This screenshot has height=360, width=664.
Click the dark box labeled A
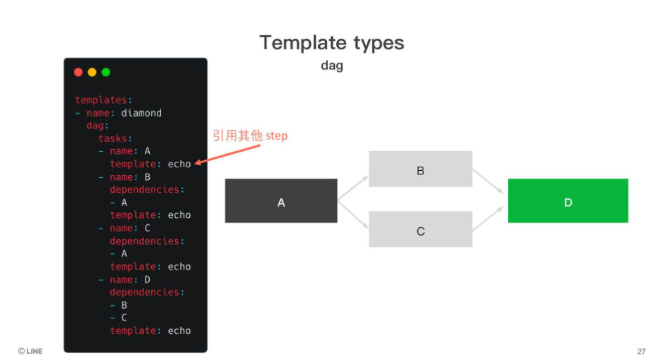[281, 201]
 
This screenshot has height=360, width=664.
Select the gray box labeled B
[421, 169]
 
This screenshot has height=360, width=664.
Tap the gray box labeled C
[421, 229]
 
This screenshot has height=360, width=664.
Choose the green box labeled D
[568, 201]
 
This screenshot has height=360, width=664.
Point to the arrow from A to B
[353, 188]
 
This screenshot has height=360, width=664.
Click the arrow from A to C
[353, 215]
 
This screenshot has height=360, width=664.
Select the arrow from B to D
[488, 181]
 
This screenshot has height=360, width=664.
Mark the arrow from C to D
[488, 219]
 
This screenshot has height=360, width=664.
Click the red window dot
[78, 72]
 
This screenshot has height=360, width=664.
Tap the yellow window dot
[92, 72]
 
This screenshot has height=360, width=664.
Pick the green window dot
[106, 72]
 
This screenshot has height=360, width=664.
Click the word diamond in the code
[141, 113]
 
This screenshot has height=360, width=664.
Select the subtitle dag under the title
[332, 66]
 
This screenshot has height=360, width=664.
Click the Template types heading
[332, 42]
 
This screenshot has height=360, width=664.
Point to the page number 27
[641, 352]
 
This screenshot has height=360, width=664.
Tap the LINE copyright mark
[30, 351]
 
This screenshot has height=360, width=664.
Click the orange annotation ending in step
[250, 136]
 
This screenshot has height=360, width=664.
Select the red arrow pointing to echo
[227, 155]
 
